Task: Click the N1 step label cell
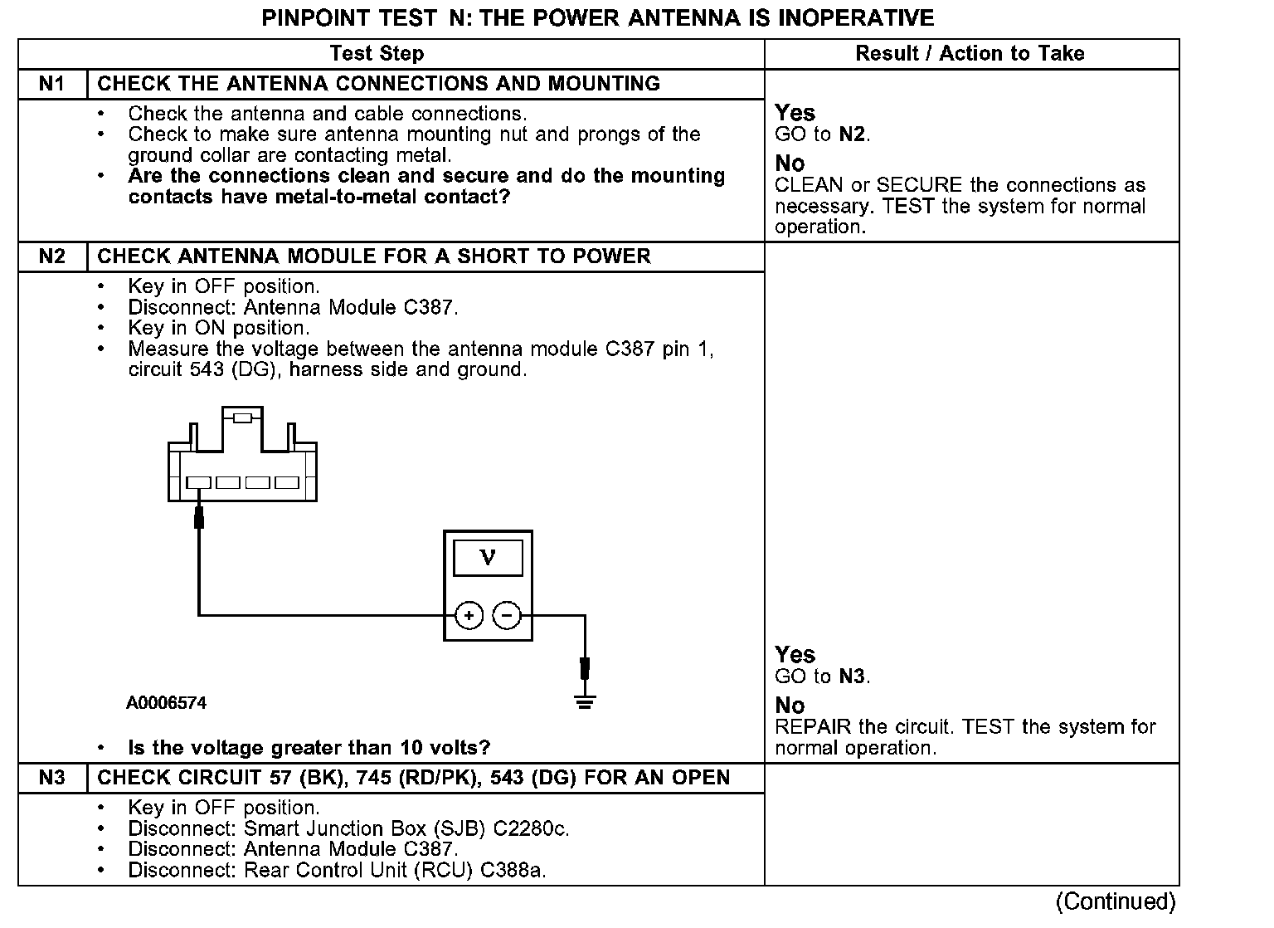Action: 52,84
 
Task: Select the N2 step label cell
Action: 52,256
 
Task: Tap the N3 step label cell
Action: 52,778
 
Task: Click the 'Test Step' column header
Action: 377,54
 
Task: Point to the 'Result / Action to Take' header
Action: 970,54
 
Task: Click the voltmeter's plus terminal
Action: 469,616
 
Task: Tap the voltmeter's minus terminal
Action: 507,616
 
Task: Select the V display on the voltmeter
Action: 488,558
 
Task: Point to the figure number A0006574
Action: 166,703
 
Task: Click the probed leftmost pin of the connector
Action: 198,482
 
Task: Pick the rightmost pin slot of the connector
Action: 287,482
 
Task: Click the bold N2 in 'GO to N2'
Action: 852,134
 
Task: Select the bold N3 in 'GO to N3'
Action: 852,676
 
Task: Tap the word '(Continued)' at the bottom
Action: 1116,901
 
